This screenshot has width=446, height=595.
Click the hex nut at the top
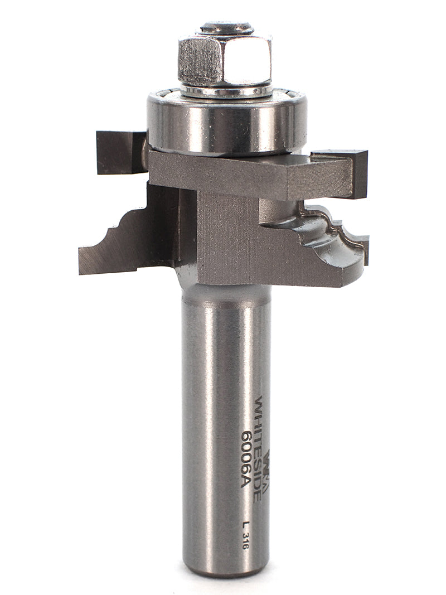(x=225, y=59)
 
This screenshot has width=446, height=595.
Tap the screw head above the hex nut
(x=226, y=27)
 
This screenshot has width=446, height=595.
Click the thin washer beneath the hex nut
(x=226, y=90)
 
